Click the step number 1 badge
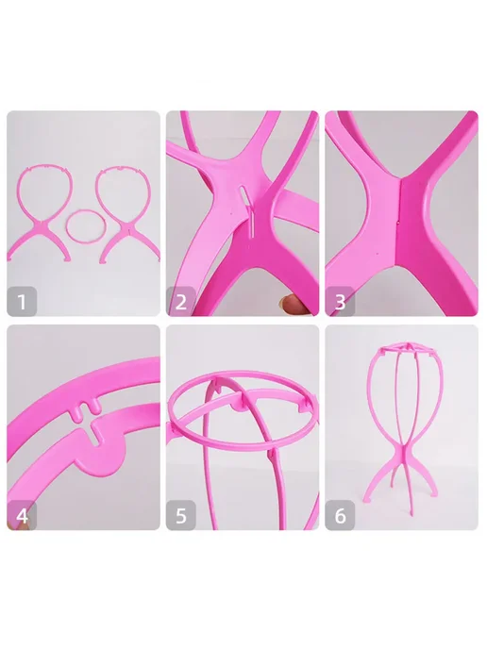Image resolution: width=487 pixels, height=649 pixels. [x=22, y=301]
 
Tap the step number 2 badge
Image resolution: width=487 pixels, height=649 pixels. [x=181, y=301]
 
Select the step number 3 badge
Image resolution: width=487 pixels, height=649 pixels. [x=340, y=301]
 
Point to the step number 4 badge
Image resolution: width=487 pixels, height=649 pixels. [x=22, y=515]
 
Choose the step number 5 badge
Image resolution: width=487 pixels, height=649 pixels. [x=181, y=515]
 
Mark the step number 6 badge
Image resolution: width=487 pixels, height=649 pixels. [x=340, y=515]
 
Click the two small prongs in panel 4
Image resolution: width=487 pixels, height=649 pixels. [x=88, y=409]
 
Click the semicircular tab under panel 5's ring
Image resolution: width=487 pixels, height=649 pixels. [x=239, y=408]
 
